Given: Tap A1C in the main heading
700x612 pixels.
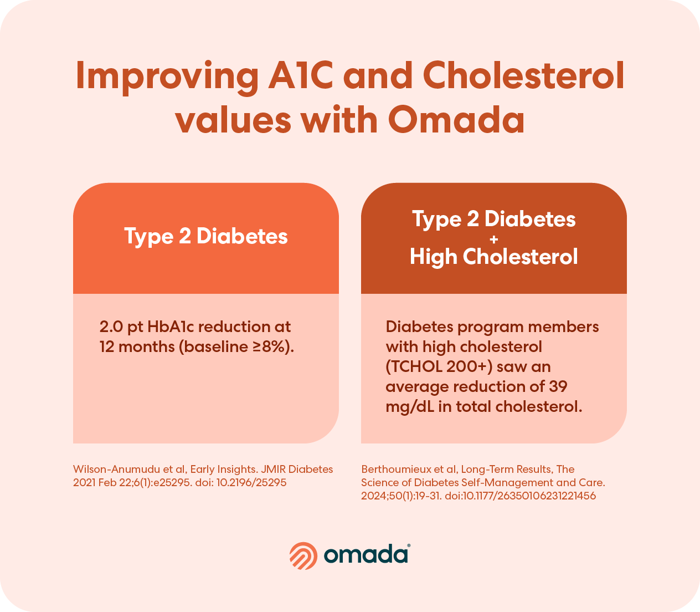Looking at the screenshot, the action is (300, 75).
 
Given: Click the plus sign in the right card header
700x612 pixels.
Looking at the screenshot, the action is (493, 239).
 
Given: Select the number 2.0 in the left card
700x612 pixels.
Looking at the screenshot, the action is (111, 327).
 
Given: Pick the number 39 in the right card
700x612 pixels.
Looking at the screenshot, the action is (558, 386).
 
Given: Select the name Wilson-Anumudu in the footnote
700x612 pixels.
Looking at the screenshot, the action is (116, 469).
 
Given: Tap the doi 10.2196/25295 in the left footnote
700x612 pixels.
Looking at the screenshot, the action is (251, 482).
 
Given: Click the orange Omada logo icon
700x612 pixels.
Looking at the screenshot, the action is (303, 556).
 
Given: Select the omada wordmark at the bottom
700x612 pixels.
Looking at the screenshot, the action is (366, 555).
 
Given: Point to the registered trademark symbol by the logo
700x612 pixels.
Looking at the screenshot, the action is (409, 545).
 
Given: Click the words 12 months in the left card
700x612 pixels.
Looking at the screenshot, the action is (137, 347).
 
